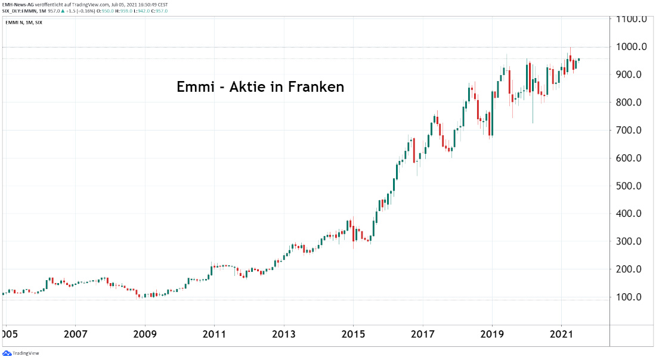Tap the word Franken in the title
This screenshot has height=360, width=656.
[316, 86]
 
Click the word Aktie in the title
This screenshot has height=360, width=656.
[248, 86]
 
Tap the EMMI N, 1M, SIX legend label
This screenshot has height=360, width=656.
[24, 23]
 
